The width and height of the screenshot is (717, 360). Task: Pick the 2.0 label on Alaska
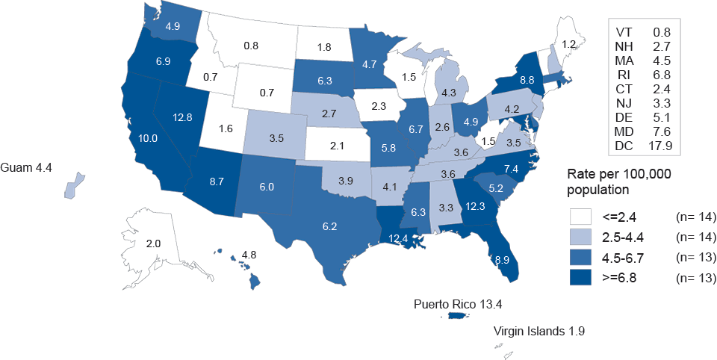153,244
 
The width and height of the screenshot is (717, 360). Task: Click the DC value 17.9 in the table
661,146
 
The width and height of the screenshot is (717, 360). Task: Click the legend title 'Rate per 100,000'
617,173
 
